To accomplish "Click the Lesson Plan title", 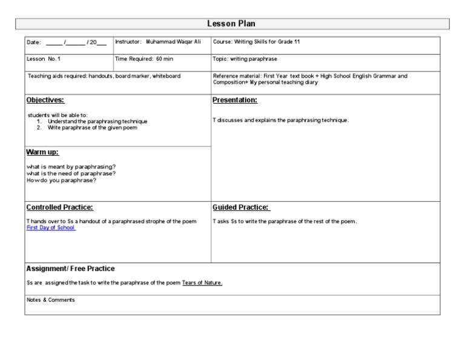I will click(231, 24).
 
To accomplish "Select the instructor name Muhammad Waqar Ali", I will click(174, 42).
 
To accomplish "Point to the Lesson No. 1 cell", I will click(44, 59).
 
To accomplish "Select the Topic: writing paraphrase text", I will click(245, 59).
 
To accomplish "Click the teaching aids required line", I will click(104, 76).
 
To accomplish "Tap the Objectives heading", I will click(45, 100).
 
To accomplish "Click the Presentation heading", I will click(235, 100).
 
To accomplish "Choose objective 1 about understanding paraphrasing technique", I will click(97, 121).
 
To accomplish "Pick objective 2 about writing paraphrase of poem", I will click(94, 127).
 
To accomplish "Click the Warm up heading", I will click(42, 152).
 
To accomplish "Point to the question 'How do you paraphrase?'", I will click(61, 180).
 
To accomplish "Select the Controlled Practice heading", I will click(60, 207).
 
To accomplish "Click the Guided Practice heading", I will click(241, 207).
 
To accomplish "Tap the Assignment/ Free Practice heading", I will click(70, 268).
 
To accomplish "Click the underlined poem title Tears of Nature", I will click(202, 283).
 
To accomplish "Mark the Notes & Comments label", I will click(51, 300).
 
